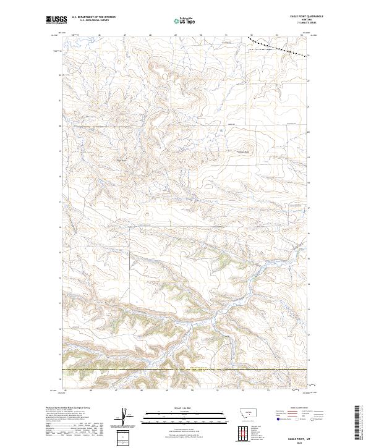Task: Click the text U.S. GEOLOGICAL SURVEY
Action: pyautogui.click(x=90, y=20)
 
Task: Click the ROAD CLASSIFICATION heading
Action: pyautogui.click(x=299, y=408)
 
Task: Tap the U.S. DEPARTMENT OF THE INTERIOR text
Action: pyautogui.click(x=93, y=17)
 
